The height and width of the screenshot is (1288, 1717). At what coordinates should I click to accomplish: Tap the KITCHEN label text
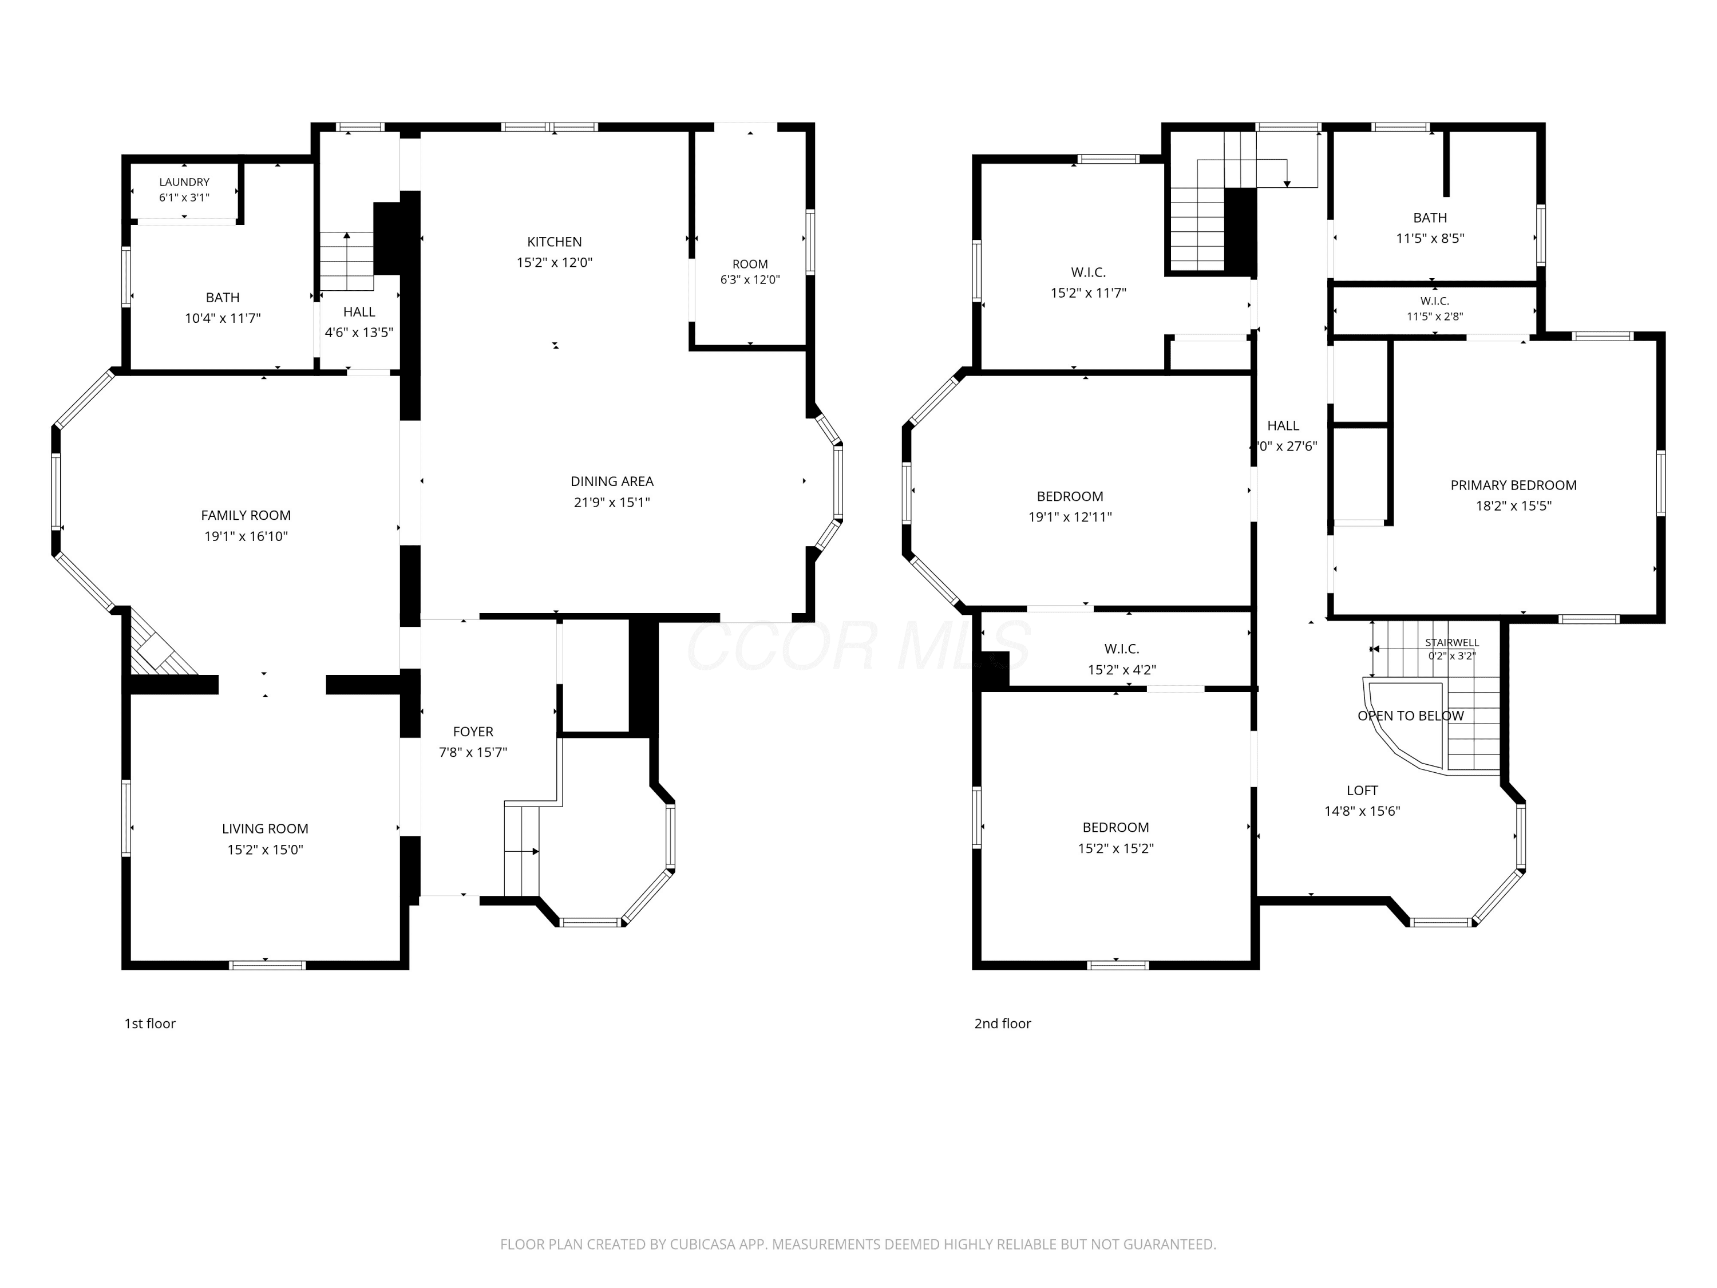tap(554, 242)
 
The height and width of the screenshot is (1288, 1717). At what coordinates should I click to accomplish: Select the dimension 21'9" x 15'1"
tap(612, 502)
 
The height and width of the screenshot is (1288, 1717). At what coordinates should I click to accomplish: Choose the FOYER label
tap(473, 732)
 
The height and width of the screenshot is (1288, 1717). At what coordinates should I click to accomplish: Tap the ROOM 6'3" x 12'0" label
tap(750, 272)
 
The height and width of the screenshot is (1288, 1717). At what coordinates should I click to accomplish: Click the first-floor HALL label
tap(359, 311)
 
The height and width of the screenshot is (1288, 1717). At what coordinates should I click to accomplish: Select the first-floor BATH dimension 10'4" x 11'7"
tap(223, 318)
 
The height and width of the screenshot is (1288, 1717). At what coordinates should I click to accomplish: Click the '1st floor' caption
tap(150, 1024)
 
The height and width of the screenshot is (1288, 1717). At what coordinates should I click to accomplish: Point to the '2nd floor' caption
tap(1002, 1024)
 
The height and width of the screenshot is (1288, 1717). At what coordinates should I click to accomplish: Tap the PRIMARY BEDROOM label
tap(1514, 485)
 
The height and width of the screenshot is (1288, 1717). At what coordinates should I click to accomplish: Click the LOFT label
tap(1362, 791)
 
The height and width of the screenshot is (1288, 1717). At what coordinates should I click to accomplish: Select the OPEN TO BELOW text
tap(1410, 716)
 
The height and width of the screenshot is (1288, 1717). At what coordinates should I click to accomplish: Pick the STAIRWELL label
tap(1451, 643)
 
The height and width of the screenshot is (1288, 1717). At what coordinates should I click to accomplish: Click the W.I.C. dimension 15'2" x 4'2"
tap(1122, 670)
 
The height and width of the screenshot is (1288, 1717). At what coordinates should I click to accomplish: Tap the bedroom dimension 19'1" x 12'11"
tap(1070, 517)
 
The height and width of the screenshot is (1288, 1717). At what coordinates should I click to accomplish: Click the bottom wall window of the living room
tap(267, 965)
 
